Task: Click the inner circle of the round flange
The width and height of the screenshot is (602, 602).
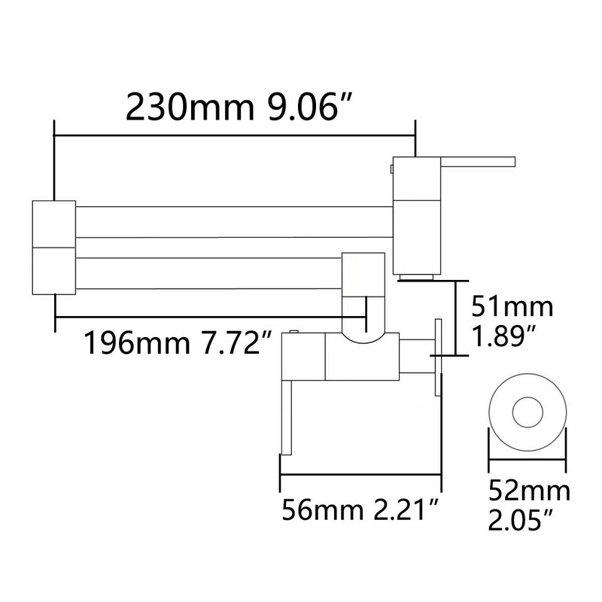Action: pyautogui.click(x=528, y=412)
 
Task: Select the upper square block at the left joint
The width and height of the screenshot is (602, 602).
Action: pyautogui.click(x=53, y=223)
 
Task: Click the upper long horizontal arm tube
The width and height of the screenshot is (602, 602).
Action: pyautogui.click(x=233, y=223)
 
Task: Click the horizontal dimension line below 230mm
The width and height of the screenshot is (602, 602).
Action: pyautogui.click(x=233, y=136)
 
